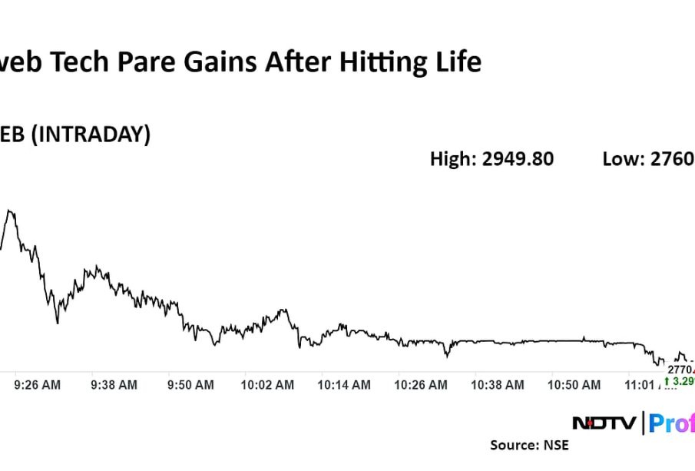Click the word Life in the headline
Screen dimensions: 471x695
pyautogui.click(x=457, y=61)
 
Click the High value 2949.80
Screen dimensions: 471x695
pyautogui.click(x=518, y=159)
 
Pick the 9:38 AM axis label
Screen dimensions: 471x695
pyautogui.click(x=114, y=384)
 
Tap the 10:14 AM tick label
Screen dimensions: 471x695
pyautogui.click(x=343, y=384)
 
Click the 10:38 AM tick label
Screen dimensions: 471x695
pyautogui.click(x=497, y=384)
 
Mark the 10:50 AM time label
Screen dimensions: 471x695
pyautogui.click(x=574, y=384)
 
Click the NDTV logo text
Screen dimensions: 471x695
pyautogui.click(x=604, y=423)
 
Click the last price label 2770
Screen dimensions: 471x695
pyautogui.click(x=680, y=370)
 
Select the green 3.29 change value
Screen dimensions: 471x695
pyautogui.click(x=683, y=381)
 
